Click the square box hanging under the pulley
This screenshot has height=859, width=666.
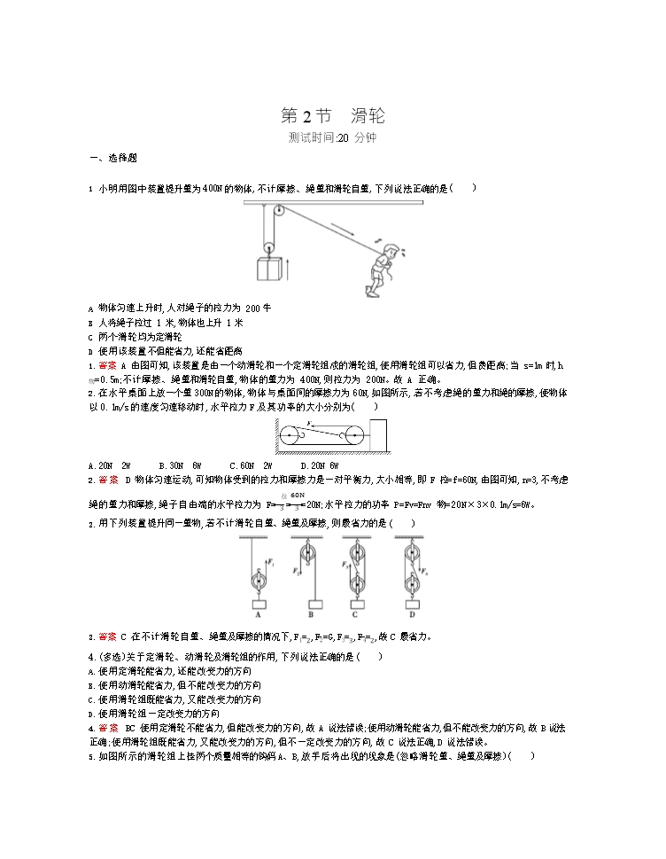pos(267,269)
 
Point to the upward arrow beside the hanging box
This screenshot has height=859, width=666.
pos(287,269)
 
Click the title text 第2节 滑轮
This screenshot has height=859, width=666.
pos(332,116)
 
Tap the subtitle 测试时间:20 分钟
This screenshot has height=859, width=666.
pos(332,137)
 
